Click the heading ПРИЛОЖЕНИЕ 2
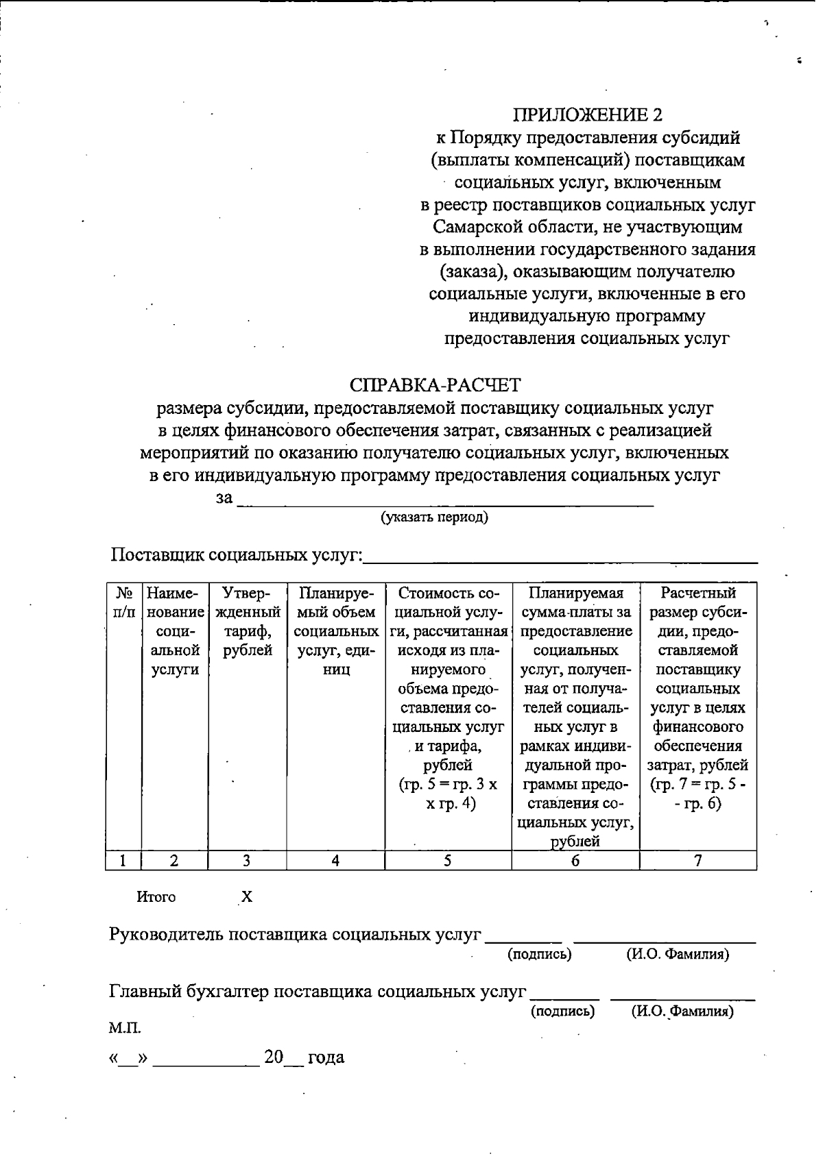[x=588, y=115]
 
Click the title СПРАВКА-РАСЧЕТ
[x=435, y=385]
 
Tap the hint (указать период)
[x=435, y=517]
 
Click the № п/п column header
[x=123, y=602]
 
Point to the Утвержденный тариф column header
[x=248, y=621]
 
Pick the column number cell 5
[x=447, y=861]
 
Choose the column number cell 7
[x=697, y=861]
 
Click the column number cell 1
[x=123, y=861]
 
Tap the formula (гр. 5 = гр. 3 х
[x=448, y=784]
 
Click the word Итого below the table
[x=156, y=897]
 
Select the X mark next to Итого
[x=247, y=897]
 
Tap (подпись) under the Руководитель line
[x=539, y=954]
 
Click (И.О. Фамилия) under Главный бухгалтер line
[x=682, y=1011]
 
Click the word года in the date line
[x=326, y=1057]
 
